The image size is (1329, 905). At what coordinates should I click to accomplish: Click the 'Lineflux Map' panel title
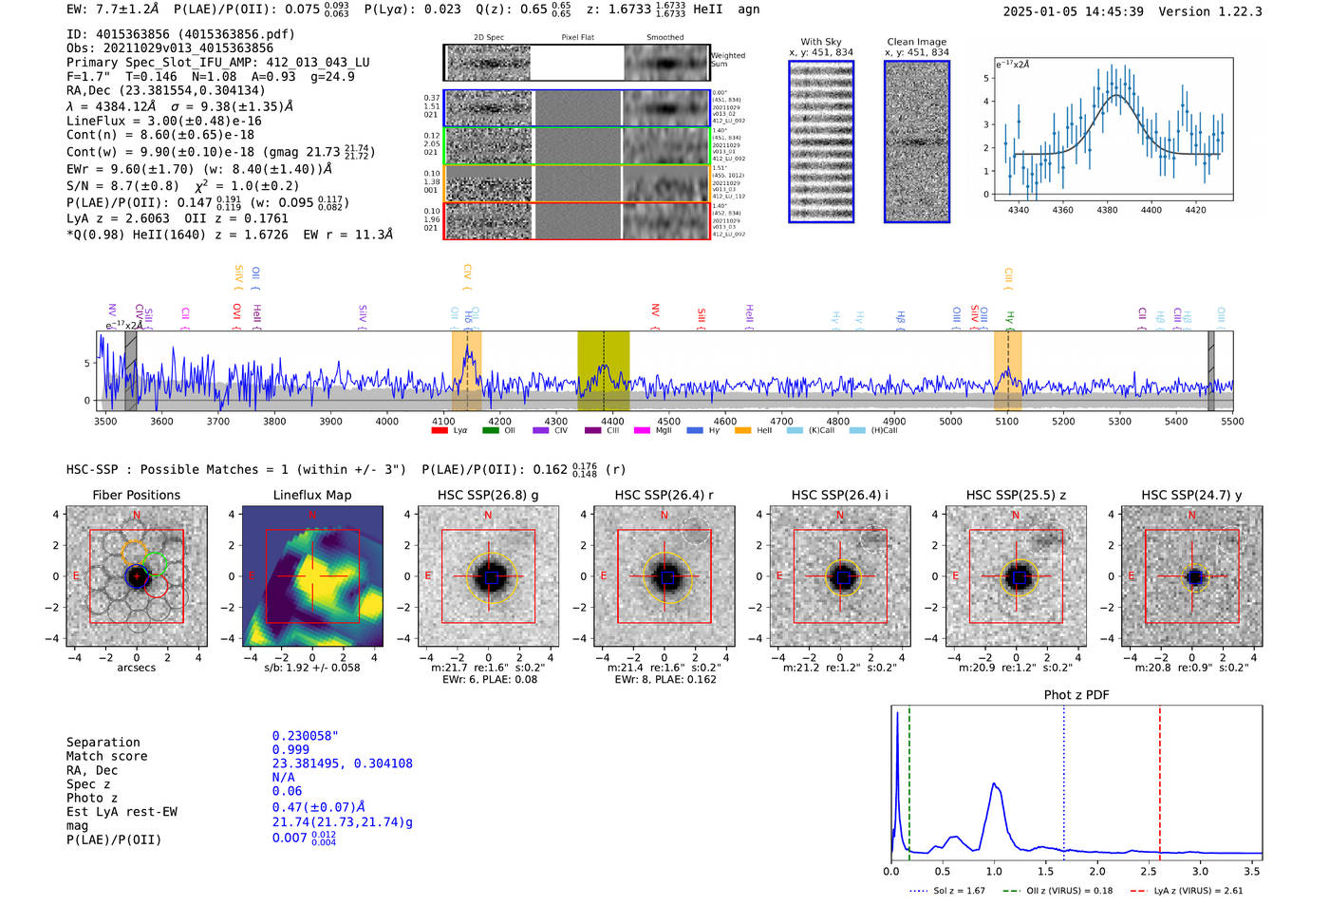pos(311,495)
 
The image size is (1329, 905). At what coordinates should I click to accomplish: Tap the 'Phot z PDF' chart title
pos(1076,694)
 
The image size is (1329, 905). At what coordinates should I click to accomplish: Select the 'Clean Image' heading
pos(916,42)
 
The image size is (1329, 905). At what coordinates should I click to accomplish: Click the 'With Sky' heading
pos(820,42)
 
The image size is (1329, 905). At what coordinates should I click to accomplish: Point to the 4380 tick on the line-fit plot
pos(1107,210)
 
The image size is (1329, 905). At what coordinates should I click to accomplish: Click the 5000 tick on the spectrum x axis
pos(950,422)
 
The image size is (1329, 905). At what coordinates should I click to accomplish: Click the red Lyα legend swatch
pos(440,430)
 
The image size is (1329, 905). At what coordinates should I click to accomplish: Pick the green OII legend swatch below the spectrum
pos(490,430)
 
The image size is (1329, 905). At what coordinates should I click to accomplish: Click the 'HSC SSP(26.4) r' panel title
pos(664,495)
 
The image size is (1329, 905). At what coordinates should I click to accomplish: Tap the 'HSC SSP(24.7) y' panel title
pos(1191,495)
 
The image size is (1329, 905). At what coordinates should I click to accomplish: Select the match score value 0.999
pos(290,749)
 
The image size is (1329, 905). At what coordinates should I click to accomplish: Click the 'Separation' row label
pos(103,743)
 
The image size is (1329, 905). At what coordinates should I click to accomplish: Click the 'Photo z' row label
pos(92,798)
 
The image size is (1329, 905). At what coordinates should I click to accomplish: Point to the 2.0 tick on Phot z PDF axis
pos(1097,871)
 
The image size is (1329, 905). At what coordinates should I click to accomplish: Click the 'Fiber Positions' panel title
pos(136,495)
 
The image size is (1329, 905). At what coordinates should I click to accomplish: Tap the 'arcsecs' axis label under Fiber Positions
pos(136,668)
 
